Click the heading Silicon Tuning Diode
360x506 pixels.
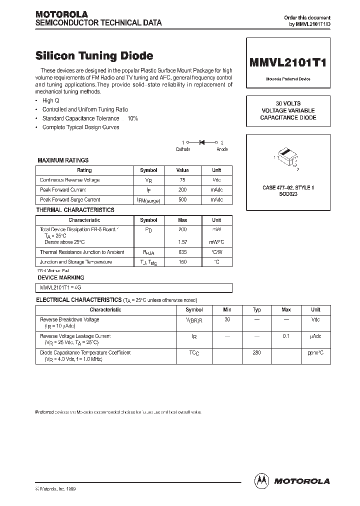pyautogui.click(x=94, y=55)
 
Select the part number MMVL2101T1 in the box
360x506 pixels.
pyautogui.click(x=288, y=63)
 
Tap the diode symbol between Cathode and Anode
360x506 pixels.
pyautogui.click(x=202, y=142)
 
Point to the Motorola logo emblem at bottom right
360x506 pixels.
pyautogui.click(x=261, y=480)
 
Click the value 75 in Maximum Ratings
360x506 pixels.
pyautogui.click(x=182, y=180)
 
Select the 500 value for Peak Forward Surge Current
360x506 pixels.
pyautogui.click(x=182, y=199)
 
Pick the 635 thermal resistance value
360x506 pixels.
pyautogui.click(x=182, y=252)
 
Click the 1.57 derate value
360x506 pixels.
pyautogui.click(x=182, y=242)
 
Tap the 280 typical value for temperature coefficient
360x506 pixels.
pyautogui.click(x=257, y=353)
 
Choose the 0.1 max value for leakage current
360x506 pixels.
pyautogui.click(x=286, y=336)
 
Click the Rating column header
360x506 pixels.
pyautogui.click(x=84, y=170)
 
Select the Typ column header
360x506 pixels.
pyautogui.click(x=257, y=309)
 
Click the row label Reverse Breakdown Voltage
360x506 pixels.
pyautogui.click(x=69, y=319)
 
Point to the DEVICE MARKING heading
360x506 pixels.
pyautogui.click(x=61, y=277)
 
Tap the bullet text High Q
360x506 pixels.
pyautogui.click(x=51, y=100)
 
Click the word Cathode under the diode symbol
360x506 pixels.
pyautogui.click(x=182, y=149)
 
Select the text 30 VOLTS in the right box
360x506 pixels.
pyautogui.click(x=288, y=103)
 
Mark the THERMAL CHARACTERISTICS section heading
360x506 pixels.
pyautogui.click(x=75, y=210)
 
